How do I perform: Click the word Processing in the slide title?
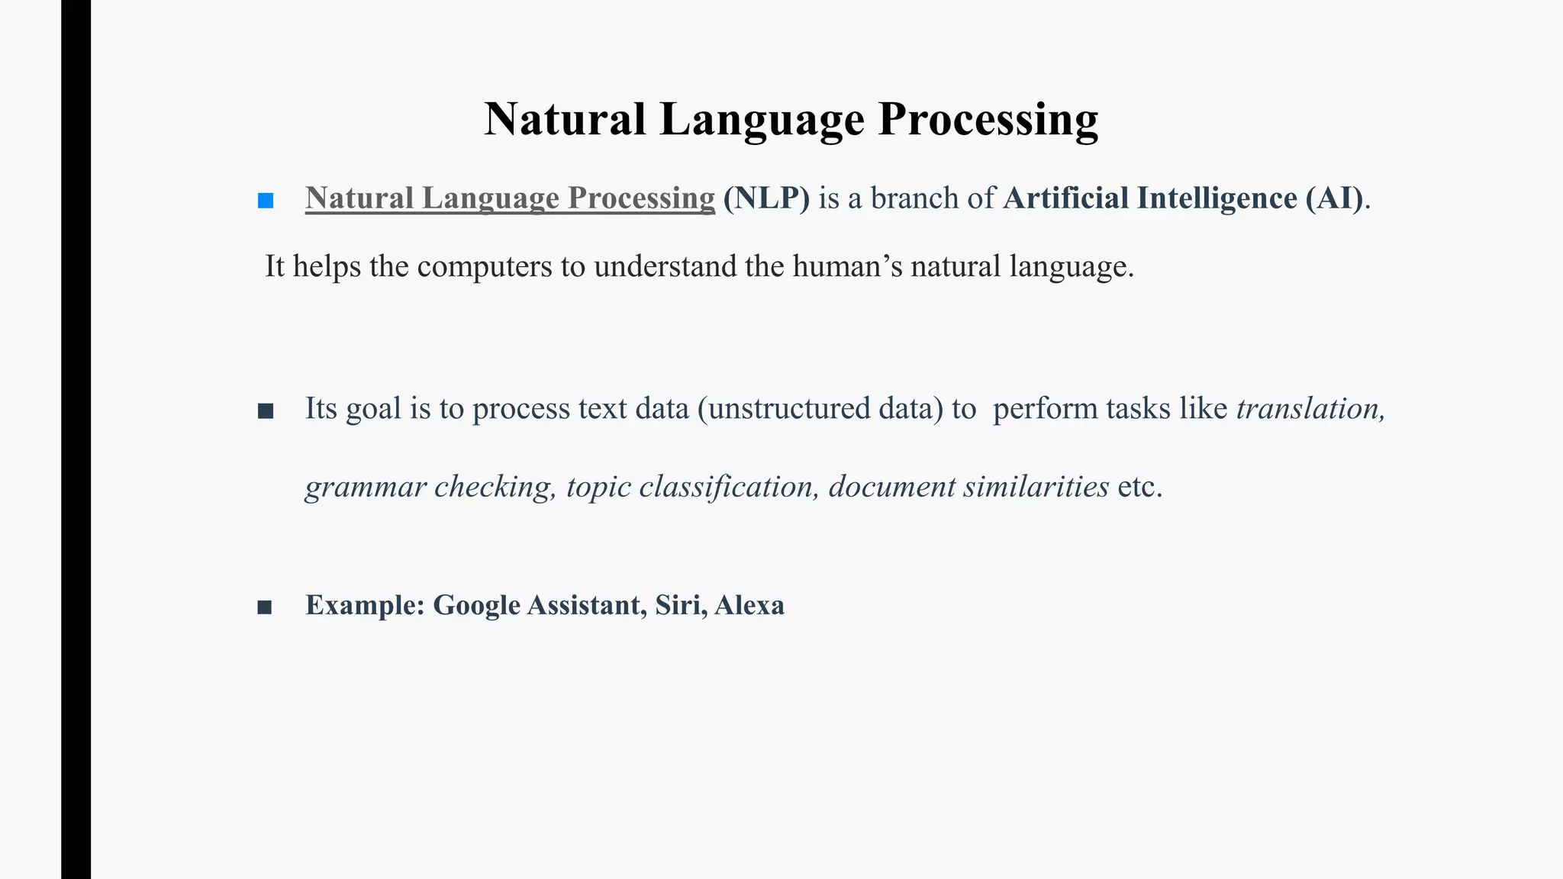988,120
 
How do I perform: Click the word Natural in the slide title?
565,120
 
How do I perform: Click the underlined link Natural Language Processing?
510,198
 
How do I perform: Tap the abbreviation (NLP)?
766,198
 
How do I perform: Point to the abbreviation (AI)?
1334,198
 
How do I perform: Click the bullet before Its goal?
266,412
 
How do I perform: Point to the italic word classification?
729,487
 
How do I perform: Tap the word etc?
1139,487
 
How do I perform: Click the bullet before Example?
265,607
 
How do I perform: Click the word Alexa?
749,605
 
